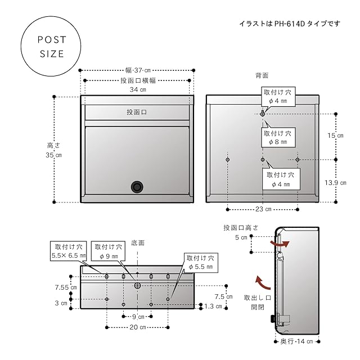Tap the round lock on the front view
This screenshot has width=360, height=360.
point(137,187)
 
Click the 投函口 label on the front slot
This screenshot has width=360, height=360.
point(137,112)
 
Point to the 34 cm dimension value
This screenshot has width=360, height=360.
point(138,89)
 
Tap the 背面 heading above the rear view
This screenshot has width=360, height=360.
point(262,75)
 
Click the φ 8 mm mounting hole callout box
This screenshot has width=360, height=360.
point(277,138)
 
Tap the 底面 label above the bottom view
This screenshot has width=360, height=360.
point(138,243)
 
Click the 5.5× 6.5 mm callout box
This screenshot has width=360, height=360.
point(68,251)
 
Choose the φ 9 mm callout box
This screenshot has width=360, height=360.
point(108,251)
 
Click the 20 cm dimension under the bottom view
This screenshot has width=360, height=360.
point(137,327)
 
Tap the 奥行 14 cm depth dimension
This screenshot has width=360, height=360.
point(298,341)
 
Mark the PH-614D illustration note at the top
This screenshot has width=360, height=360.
point(289,24)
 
